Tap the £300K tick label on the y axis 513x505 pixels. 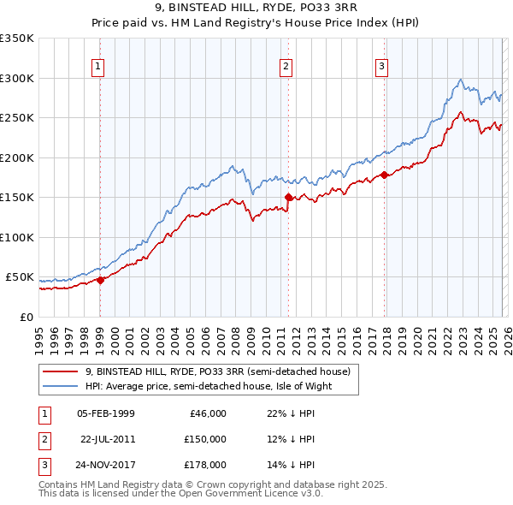[17, 78]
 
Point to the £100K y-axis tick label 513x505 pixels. [17, 237]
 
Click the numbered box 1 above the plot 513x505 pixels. [99, 66]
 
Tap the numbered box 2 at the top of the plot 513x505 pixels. [286, 66]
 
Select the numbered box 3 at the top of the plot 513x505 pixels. [381, 66]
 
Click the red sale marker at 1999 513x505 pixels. [101, 279]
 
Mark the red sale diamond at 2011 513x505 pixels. [288, 197]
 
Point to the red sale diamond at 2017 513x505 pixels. [384, 175]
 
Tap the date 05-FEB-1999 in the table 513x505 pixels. [105, 413]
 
